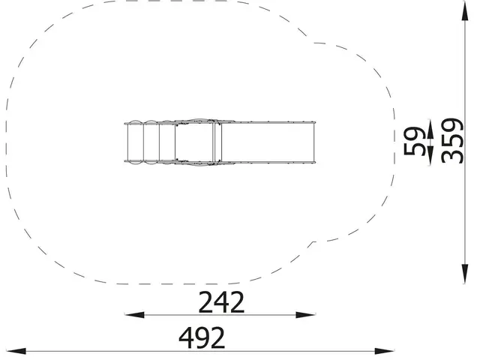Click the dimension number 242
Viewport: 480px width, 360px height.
coord(221,302)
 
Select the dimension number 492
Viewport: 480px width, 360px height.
coord(202,338)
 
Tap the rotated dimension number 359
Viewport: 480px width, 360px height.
coord(453,140)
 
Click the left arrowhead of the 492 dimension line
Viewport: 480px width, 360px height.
coord(12,351)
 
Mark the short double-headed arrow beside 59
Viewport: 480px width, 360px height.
coord(430,140)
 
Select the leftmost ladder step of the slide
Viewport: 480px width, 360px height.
coord(135,141)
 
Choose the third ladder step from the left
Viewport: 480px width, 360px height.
coord(167,141)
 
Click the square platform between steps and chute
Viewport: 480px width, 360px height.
coord(196,141)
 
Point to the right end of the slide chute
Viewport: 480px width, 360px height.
coord(311,141)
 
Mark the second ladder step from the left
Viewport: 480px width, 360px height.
coord(151,141)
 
